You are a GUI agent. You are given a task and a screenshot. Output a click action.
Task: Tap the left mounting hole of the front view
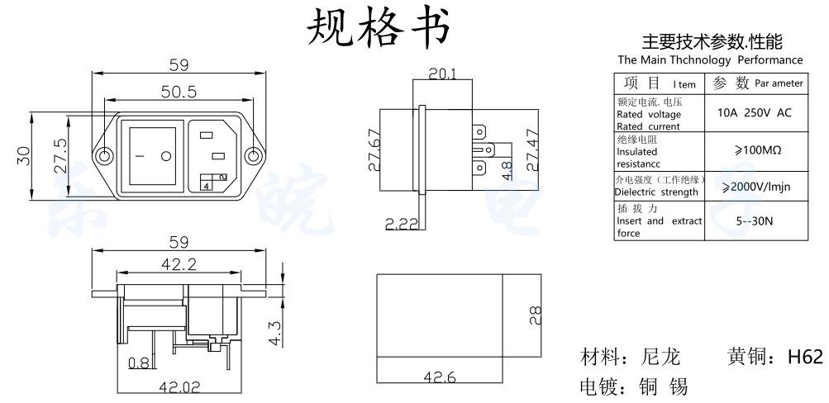tap(105, 155)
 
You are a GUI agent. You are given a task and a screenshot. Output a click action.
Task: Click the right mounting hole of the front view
tap(255, 155)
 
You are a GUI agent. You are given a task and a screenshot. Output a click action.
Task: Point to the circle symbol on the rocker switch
tap(165, 155)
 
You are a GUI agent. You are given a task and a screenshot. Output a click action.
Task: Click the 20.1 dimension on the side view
tap(442, 73)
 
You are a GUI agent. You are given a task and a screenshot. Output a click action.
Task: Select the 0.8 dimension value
tap(138, 362)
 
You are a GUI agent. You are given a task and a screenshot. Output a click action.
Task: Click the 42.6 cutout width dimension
tap(440, 377)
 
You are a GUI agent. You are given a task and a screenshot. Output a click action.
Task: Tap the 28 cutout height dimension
tap(534, 314)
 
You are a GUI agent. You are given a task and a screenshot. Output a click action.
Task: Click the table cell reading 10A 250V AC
tap(754, 112)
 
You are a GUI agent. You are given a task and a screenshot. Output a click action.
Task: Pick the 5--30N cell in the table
tap(754, 221)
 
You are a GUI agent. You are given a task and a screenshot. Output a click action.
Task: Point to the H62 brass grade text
tap(805, 358)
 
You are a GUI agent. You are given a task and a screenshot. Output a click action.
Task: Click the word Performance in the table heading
tap(770, 60)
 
